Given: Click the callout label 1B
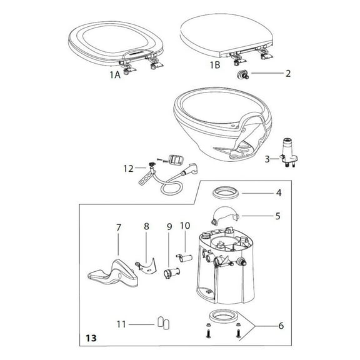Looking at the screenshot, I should (214, 64).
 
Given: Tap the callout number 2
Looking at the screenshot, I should (287, 73).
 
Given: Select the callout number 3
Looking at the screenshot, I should (268, 159).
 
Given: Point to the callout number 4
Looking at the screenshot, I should (279, 192).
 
